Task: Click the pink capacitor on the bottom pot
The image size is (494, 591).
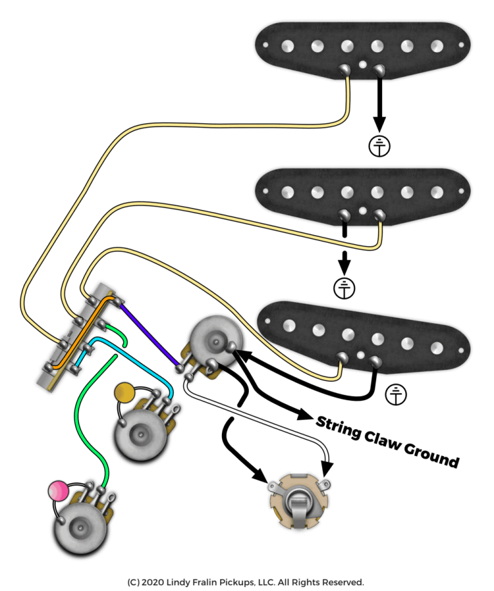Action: tap(59, 490)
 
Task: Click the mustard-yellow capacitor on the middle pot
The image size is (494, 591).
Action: tap(124, 393)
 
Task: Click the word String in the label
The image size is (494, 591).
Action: tap(338, 427)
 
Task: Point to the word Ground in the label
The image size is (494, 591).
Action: tap(432, 455)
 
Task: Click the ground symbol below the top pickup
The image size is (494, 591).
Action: tap(380, 146)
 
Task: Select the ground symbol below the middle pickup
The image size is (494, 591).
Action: tap(344, 288)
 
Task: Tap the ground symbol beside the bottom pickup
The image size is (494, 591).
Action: tap(396, 394)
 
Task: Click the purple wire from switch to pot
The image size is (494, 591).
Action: tap(149, 334)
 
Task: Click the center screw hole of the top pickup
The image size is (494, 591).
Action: tap(363, 64)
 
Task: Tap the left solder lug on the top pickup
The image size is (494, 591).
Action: tap(344, 69)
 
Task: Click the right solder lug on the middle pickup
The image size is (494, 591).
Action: tap(379, 215)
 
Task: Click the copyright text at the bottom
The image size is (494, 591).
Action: tap(246, 582)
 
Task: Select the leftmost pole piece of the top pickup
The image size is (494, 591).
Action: tap(288, 46)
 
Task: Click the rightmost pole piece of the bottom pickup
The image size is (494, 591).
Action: tap(437, 348)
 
